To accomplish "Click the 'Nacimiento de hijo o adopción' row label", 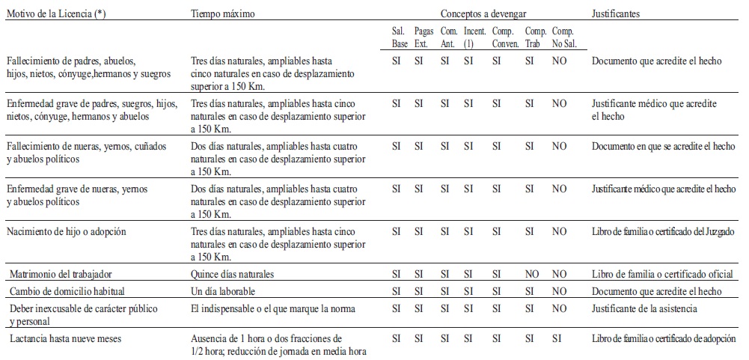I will click(67, 231).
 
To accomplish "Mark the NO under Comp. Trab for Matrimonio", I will click(532, 274).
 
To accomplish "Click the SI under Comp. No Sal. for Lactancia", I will click(557, 338).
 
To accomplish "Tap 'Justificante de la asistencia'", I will click(645, 308).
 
